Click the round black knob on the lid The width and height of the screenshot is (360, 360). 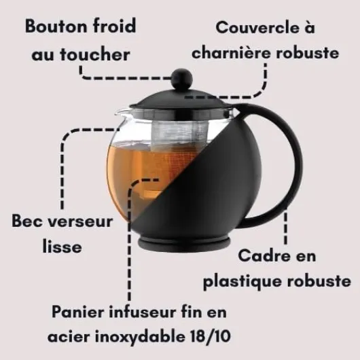[182, 78]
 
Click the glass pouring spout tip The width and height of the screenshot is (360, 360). [118, 113]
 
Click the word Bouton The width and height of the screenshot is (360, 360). [56, 26]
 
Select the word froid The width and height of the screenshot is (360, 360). [115, 26]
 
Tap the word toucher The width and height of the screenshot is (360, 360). [95, 54]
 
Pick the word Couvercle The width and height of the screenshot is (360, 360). [255, 28]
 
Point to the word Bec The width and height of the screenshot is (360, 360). [26, 221]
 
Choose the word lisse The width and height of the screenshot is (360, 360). [62, 246]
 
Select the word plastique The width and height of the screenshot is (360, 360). [243, 281]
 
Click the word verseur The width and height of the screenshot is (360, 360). [79, 221]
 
